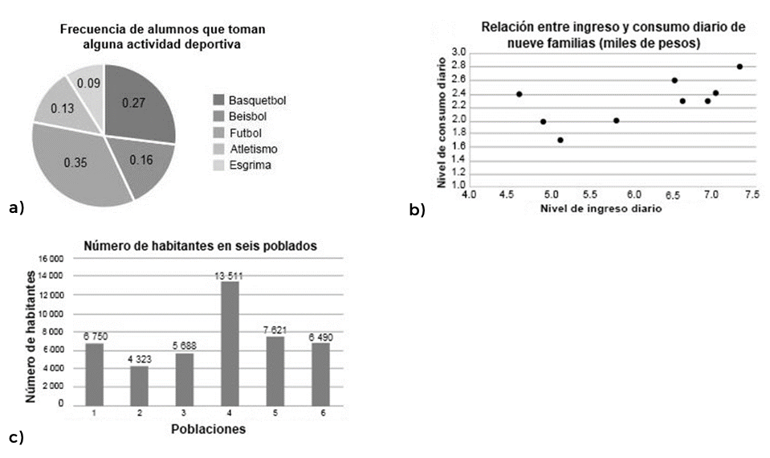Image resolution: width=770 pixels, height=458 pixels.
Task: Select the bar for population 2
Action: coord(140,384)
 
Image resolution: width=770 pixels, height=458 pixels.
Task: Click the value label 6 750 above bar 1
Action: coord(95,337)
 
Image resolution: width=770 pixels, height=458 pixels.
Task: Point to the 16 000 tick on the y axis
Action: coord(50,259)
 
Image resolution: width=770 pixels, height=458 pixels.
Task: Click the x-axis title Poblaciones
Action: coord(208,429)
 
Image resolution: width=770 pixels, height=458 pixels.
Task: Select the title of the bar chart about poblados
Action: coord(200,245)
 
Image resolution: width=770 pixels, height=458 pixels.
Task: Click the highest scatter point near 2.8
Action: coord(739,67)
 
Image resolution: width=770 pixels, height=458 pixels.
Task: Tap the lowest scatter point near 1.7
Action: coord(560,140)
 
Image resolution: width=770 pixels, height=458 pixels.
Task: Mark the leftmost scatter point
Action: coord(519,94)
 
